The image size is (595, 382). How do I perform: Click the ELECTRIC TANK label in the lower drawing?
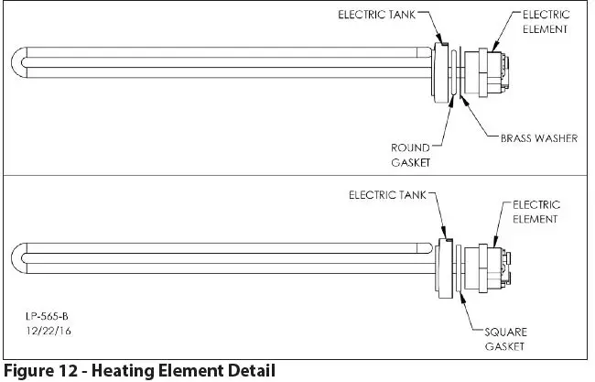(388, 194)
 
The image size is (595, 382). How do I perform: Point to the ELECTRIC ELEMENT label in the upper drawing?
(546, 22)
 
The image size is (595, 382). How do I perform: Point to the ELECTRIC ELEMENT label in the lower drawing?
(536, 212)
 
